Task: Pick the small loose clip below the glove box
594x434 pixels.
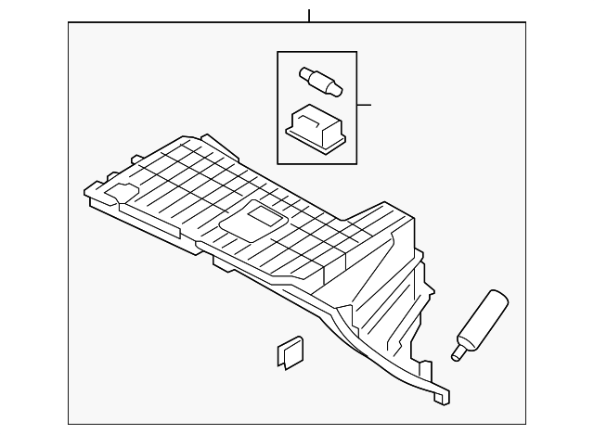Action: tap(290, 354)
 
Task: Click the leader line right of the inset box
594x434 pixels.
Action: tap(363, 105)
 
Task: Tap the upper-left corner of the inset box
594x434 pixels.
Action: tap(277, 52)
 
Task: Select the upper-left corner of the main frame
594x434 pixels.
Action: tap(69, 23)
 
